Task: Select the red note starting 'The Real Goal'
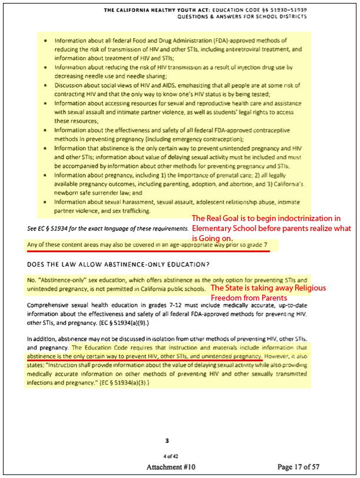275,228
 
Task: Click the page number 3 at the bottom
167,440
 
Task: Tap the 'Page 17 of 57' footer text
304,467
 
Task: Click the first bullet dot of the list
47,41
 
